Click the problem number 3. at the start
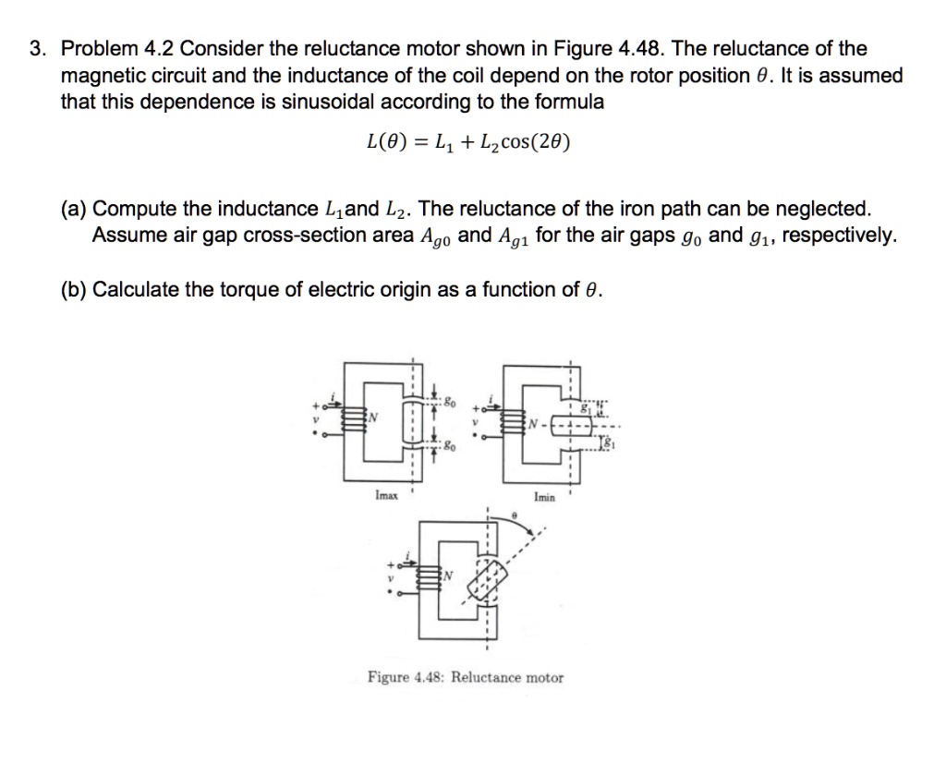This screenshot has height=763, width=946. coord(36,49)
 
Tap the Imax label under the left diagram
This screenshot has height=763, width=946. coord(387,496)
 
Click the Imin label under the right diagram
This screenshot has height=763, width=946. coord(545,497)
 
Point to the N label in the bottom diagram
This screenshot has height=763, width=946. coord(450,576)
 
